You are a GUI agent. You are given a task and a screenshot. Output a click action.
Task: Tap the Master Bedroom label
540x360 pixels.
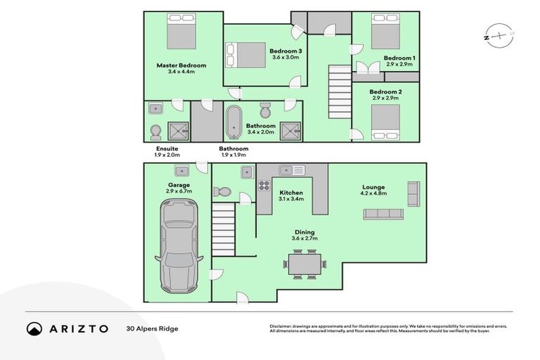pos(181,65)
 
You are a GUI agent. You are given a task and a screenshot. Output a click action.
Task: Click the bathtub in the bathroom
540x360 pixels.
pos(233,121)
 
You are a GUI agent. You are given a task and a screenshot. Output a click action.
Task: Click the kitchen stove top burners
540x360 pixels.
pos(265,186)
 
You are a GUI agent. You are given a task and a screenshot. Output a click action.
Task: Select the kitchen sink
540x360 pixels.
pos(290,170)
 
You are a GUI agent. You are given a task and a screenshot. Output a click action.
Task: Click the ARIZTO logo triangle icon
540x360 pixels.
pos(34,328)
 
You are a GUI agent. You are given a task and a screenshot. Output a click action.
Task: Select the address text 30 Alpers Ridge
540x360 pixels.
pos(153,328)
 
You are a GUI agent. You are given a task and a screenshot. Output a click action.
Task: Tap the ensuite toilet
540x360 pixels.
pos(155,132)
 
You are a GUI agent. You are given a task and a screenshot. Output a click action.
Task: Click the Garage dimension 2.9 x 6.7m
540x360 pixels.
pos(179,191)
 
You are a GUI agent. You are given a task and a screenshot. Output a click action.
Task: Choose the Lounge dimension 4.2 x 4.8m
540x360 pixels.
pos(373,193)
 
